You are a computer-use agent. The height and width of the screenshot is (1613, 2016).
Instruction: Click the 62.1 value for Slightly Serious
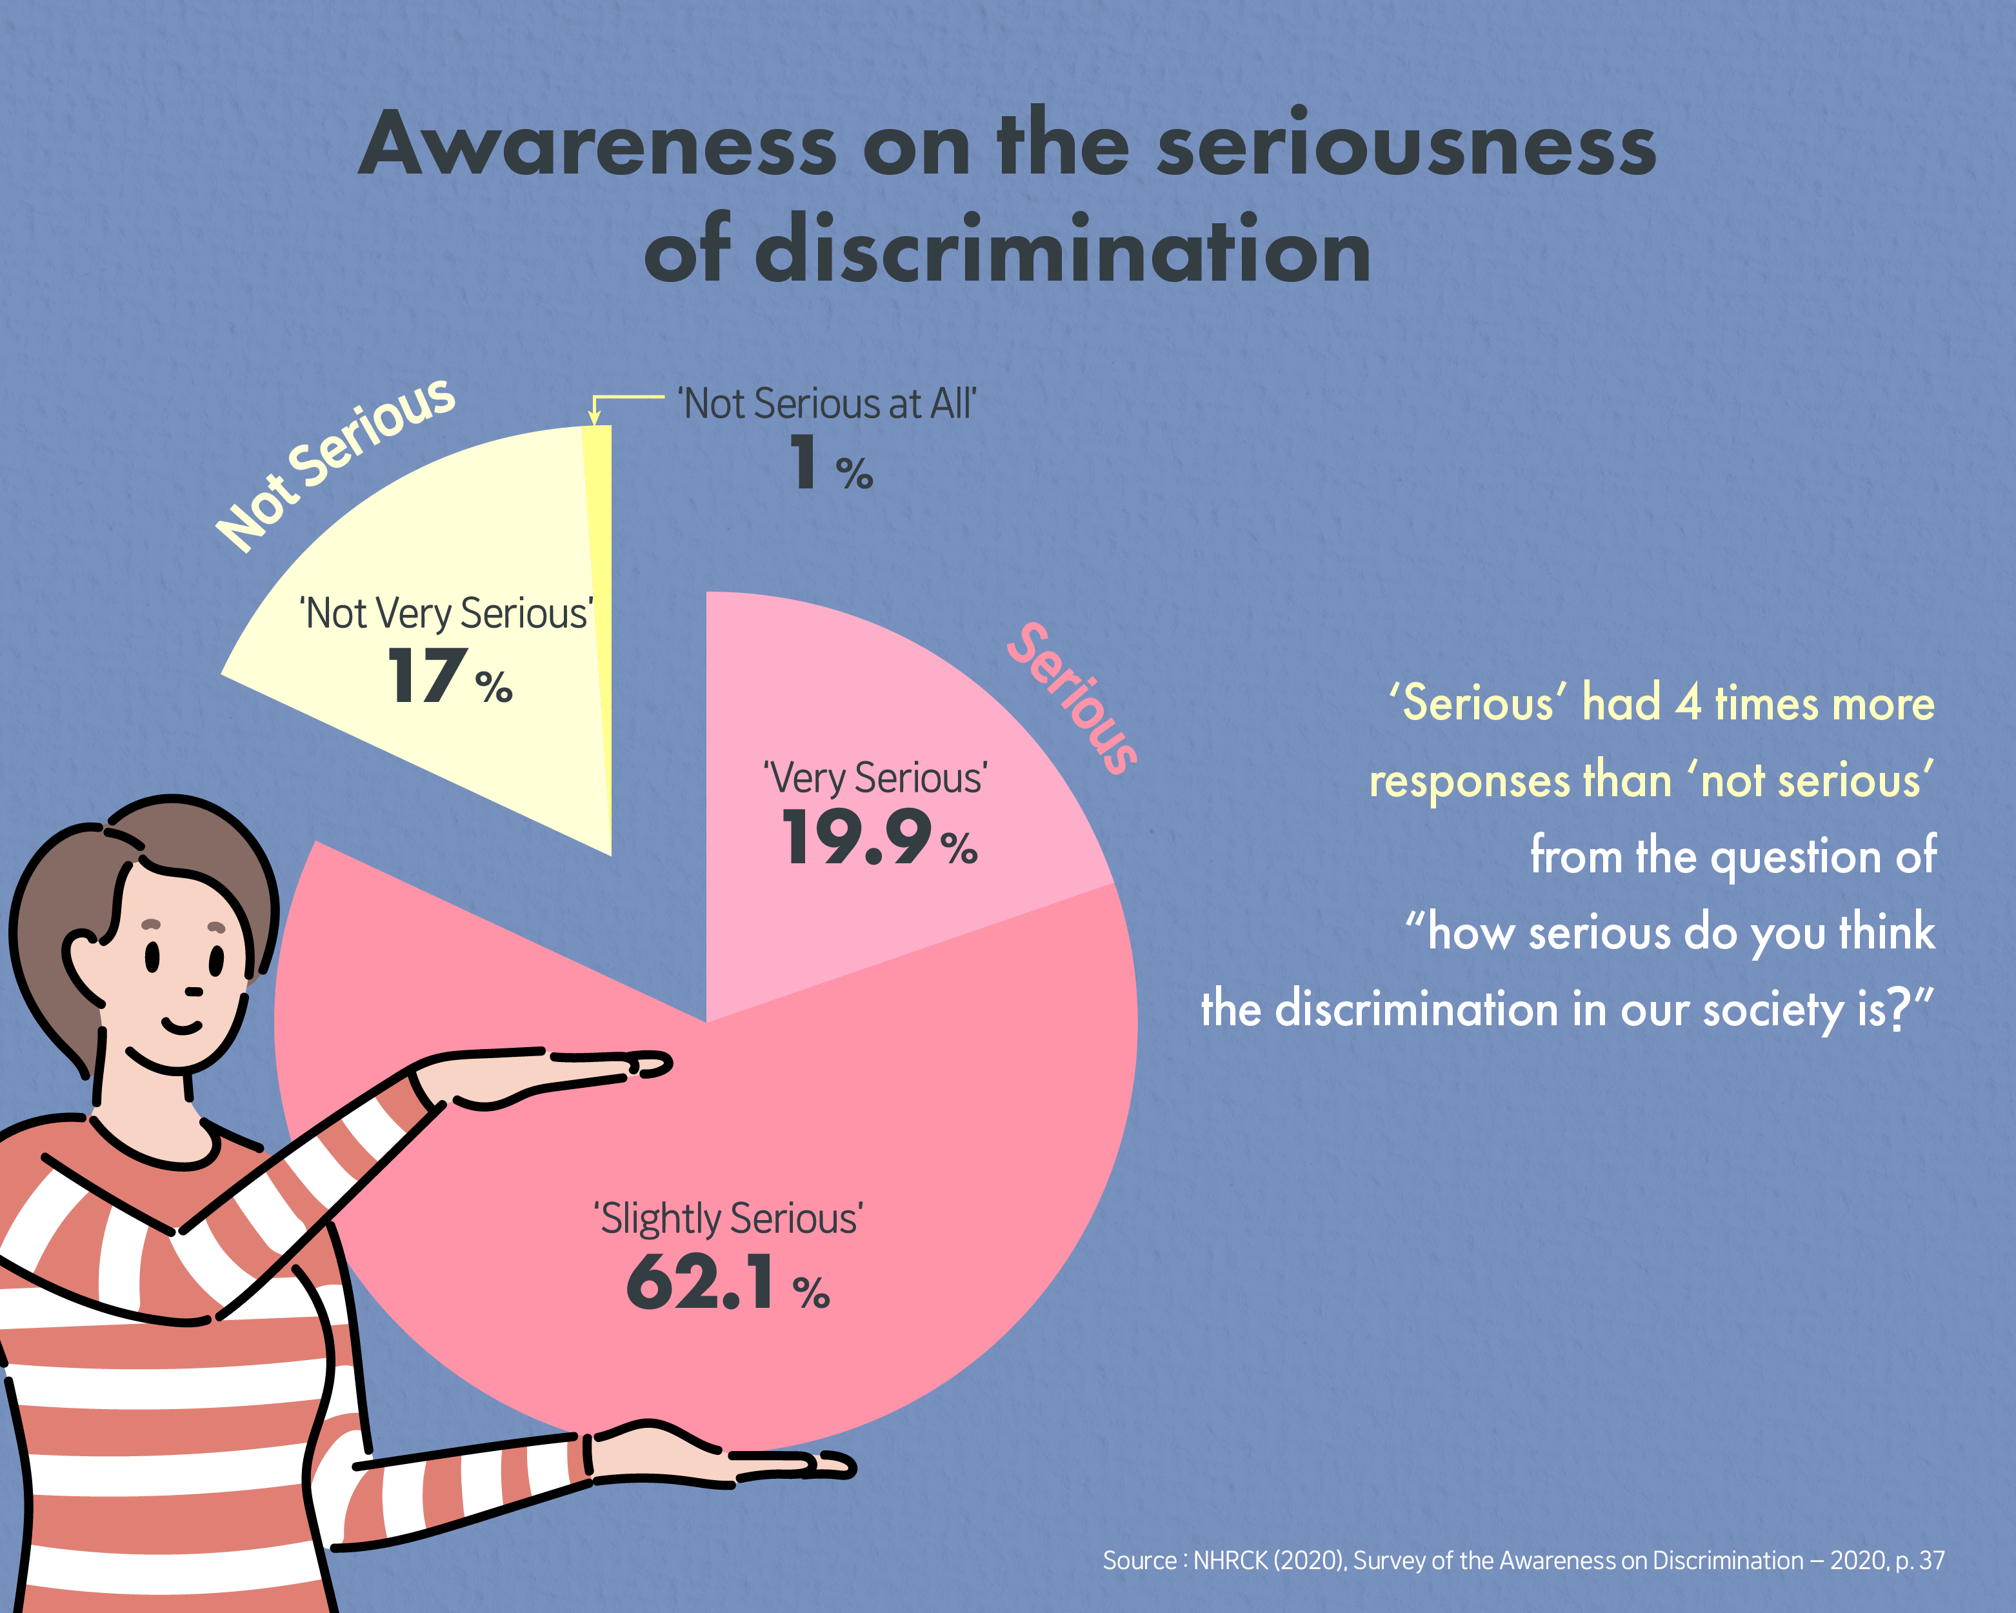701,1283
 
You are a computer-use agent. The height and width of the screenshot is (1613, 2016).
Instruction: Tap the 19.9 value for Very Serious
857,838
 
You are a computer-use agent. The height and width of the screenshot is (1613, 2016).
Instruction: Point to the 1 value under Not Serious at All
803,462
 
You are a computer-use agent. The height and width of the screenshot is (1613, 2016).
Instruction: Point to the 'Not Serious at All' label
828,404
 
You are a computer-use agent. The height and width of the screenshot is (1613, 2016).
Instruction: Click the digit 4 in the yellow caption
1688,703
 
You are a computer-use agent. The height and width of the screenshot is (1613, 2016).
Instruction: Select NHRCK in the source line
1230,1561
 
